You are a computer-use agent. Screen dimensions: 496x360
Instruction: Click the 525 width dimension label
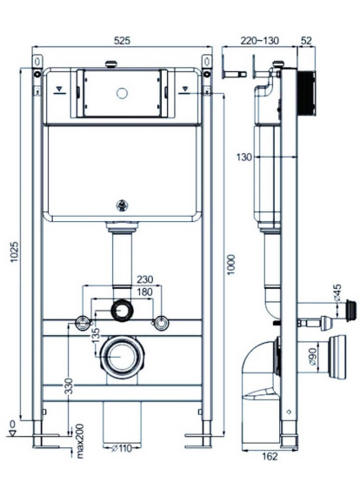click(121, 39)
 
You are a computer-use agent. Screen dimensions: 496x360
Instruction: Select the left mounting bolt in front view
click(83, 323)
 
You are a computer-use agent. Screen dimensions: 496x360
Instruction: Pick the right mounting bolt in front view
click(159, 323)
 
